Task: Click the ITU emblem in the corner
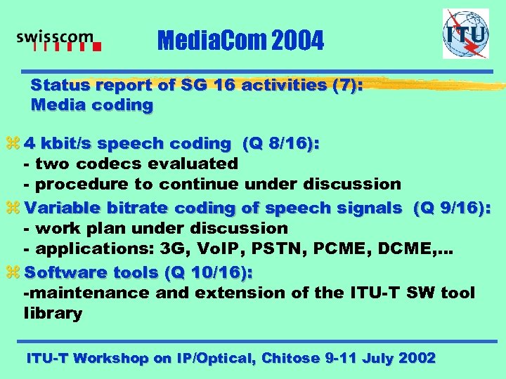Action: [465, 33]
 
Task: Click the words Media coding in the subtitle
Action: [92, 106]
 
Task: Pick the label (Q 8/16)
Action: [280, 143]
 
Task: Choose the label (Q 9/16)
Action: [452, 208]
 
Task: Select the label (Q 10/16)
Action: [209, 272]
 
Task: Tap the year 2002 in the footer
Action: [417, 358]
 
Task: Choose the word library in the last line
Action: [53, 314]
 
